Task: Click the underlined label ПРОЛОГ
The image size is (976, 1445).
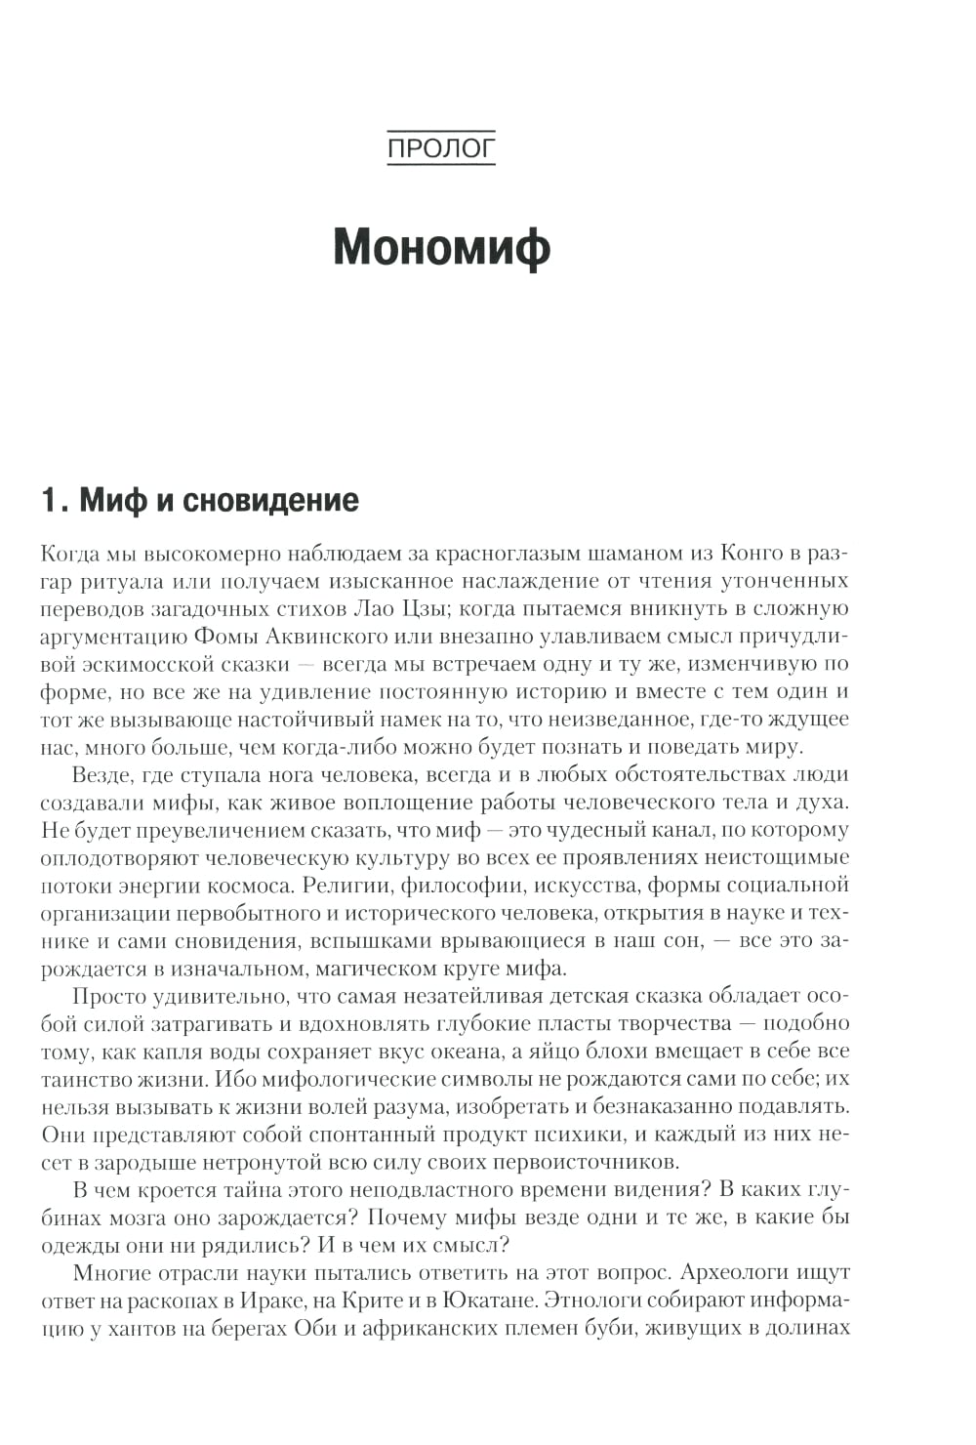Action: [x=441, y=148]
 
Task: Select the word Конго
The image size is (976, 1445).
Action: [x=752, y=554]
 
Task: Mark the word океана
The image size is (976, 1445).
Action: [x=573, y=1051]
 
